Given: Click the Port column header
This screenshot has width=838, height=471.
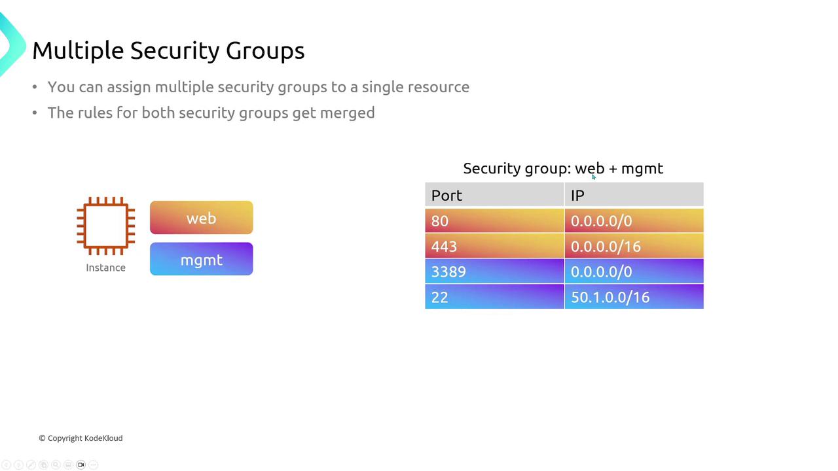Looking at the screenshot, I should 494,195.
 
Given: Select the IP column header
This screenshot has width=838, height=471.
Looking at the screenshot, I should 634,195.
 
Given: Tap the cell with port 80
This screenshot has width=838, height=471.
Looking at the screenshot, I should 494,221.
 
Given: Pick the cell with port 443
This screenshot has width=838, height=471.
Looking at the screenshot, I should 494,247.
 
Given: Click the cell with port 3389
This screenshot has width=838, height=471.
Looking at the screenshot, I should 494,271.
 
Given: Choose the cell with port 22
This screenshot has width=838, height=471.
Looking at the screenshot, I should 494,297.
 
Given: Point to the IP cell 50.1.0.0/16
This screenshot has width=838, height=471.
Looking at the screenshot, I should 634,297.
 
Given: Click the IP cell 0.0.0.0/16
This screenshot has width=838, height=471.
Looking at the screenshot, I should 634,247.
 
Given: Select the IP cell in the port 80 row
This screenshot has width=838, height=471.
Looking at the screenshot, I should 634,221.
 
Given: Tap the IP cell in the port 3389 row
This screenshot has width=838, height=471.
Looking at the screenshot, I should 634,271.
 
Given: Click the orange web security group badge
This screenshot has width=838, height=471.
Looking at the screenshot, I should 201,218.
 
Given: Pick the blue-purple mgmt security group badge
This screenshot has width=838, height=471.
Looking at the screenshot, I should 201,260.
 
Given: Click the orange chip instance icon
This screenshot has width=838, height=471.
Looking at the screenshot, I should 106,226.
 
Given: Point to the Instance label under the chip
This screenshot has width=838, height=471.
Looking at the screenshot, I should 105,268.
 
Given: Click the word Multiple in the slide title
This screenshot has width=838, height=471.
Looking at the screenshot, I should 78,51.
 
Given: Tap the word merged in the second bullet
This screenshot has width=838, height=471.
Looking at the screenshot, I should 347,113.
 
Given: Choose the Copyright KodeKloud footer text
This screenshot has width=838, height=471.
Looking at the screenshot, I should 81,438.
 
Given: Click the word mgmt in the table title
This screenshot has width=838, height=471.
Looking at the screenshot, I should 642,169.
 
